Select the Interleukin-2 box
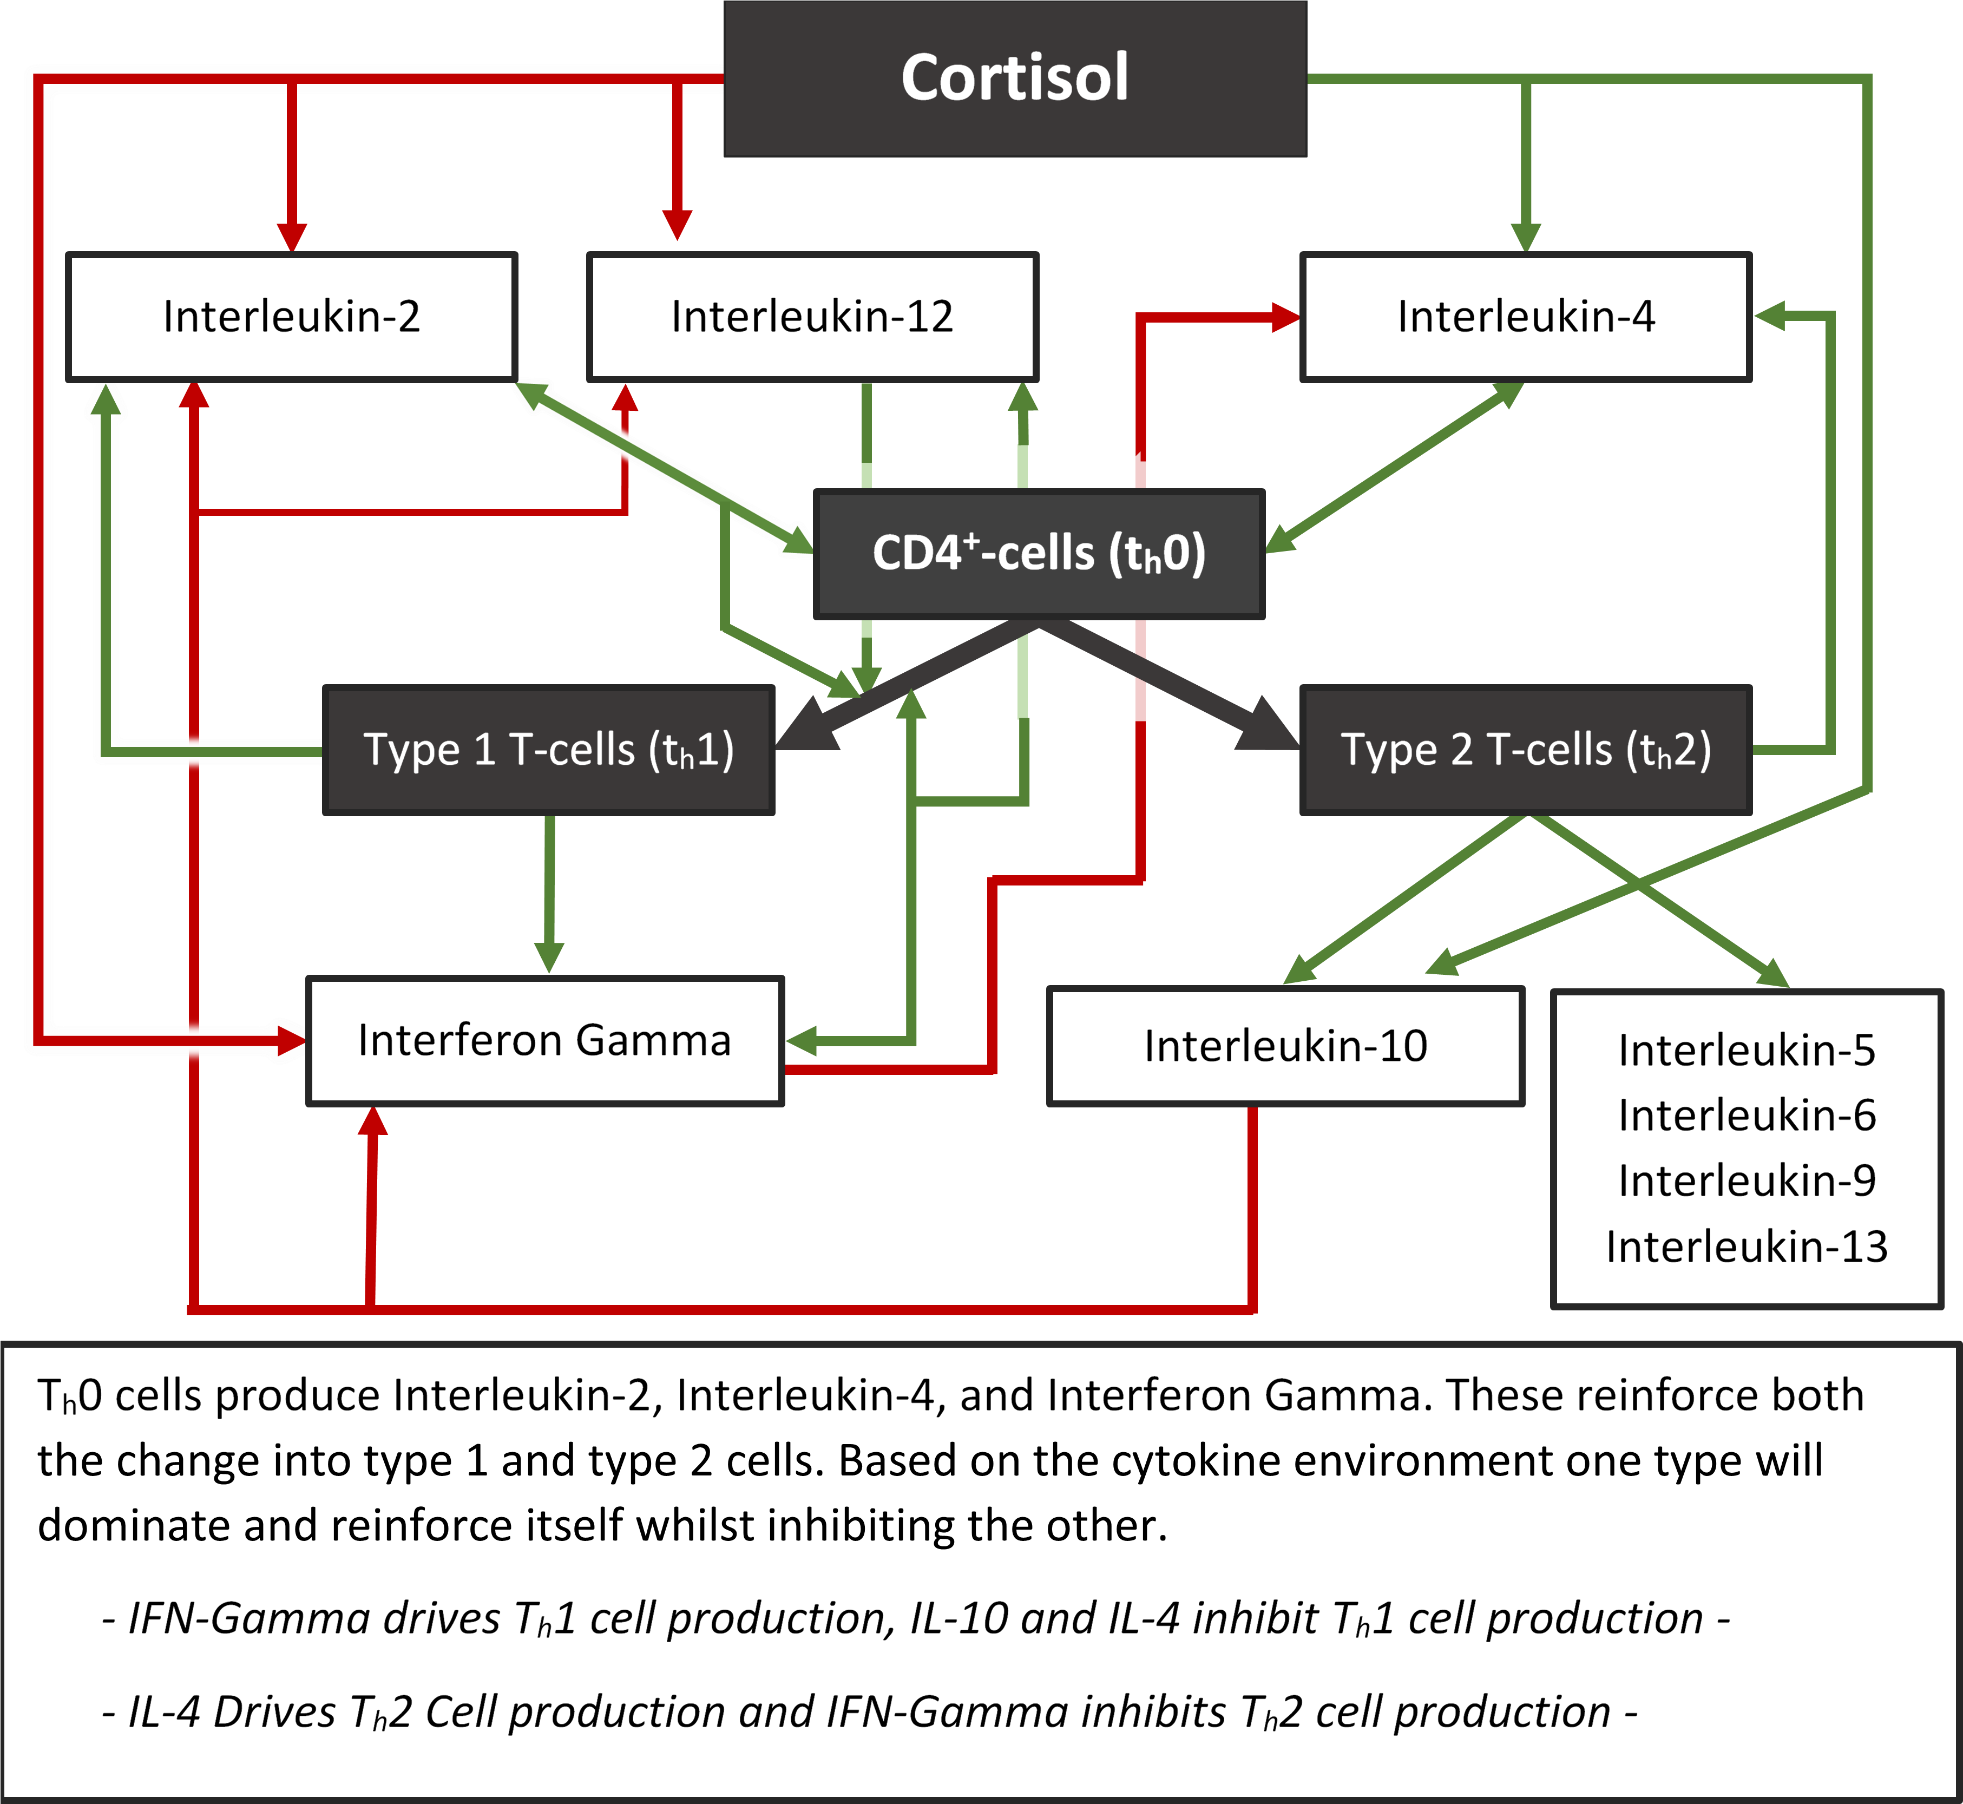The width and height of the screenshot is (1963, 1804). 291,316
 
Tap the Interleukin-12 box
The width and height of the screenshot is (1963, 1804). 812,316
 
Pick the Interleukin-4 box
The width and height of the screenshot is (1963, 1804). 1526,316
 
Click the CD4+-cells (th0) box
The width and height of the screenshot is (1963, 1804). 1039,554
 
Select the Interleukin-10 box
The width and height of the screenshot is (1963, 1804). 1285,1046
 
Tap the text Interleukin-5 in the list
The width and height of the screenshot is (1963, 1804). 1747,1051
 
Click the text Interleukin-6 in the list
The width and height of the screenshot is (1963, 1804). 1747,1115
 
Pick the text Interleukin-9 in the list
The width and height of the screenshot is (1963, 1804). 1747,1180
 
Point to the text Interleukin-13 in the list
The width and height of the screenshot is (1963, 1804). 1747,1247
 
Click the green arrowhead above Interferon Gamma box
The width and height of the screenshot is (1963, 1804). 549,957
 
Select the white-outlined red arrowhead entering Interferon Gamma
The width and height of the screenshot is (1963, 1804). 291,1041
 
